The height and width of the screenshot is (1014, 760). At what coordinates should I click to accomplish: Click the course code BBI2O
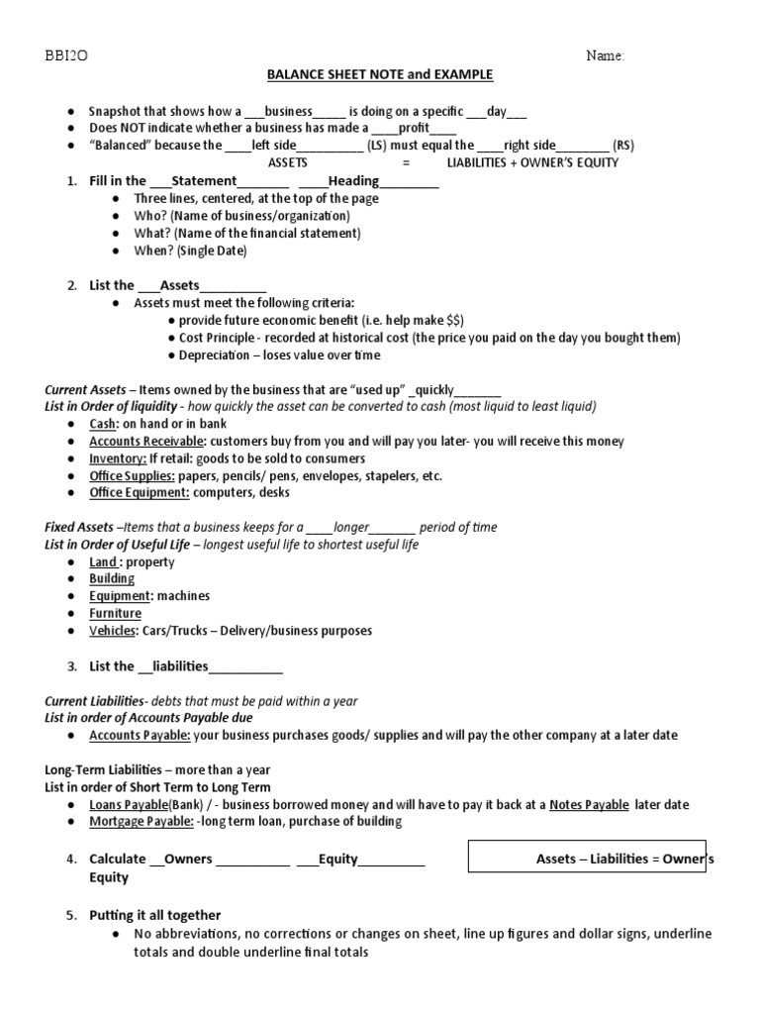[x=63, y=56]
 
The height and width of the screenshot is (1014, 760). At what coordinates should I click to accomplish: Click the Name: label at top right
[x=605, y=56]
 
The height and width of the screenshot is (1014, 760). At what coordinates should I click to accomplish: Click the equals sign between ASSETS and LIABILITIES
[x=406, y=162]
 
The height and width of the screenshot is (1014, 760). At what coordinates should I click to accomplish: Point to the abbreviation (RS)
[x=623, y=145]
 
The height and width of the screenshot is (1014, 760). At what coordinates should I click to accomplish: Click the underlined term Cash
[x=102, y=424]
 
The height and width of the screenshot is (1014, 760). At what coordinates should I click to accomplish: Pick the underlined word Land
[x=104, y=562]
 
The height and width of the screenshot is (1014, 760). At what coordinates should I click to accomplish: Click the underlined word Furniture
[x=115, y=614]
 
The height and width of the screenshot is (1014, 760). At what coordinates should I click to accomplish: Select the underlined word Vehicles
[x=112, y=631]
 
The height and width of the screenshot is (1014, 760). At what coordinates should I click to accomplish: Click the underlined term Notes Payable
[x=589, y=804]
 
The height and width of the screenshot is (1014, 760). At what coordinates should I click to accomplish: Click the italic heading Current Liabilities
[x=93, y=701]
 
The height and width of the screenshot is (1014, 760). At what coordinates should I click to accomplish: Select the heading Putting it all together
[x=155, y=915]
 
